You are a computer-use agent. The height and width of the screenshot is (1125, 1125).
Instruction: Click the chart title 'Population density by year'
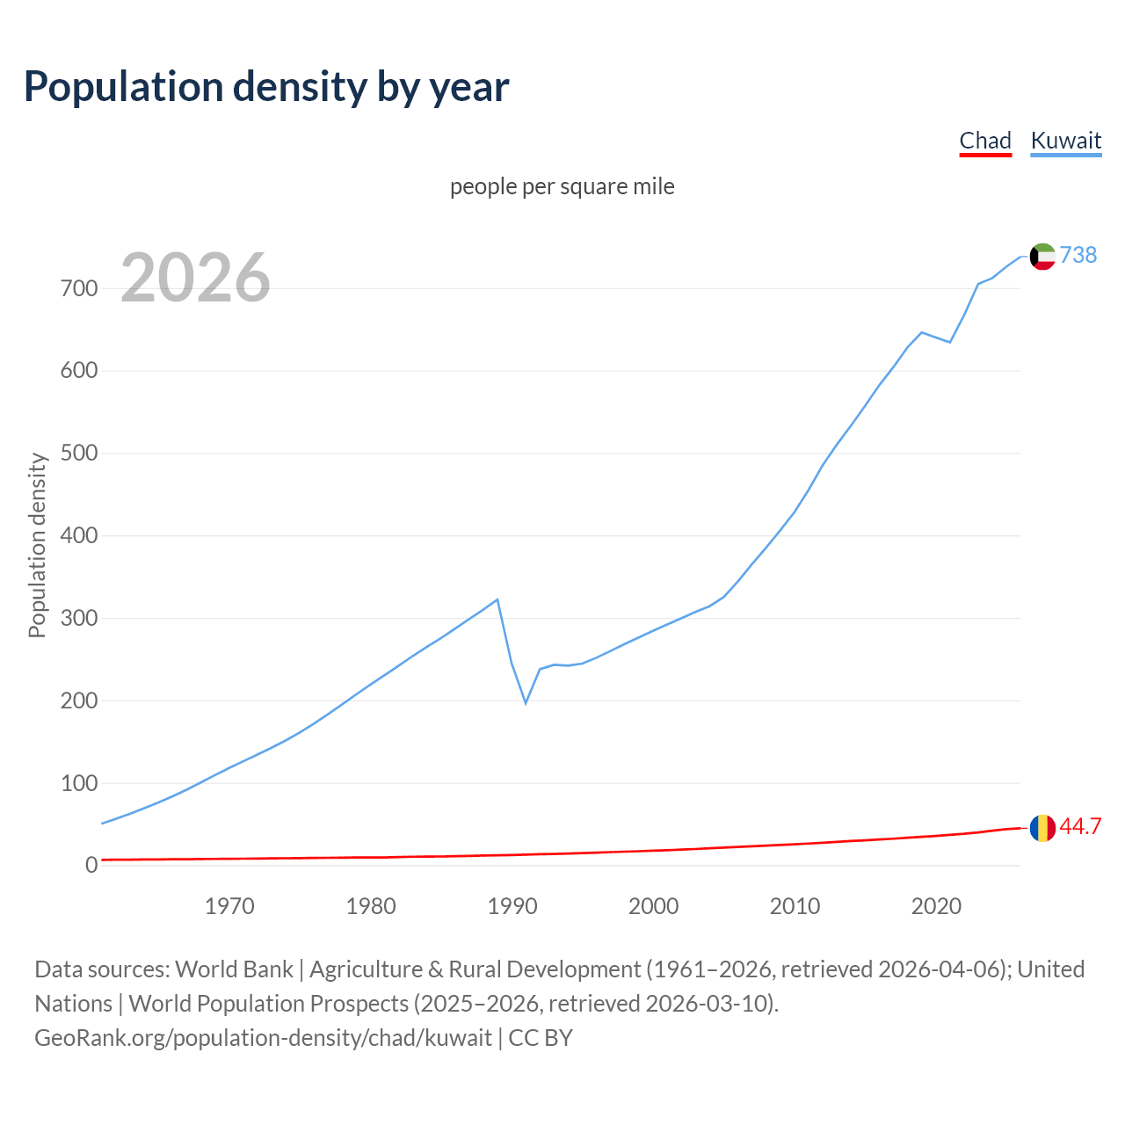(266, 87)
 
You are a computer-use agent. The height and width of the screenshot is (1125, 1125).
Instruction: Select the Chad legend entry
(985, 141)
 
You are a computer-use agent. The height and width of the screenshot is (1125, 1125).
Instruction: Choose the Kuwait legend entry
(1065, 141)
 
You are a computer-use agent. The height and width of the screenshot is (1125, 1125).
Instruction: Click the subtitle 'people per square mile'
(562, 187)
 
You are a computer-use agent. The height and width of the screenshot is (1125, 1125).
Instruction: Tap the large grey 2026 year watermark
(195, 278)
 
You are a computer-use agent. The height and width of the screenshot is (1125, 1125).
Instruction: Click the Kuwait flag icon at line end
(1042, 256)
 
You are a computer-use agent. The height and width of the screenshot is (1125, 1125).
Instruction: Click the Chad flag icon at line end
(1042, 828)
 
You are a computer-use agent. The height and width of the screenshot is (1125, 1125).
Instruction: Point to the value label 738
(1078, 255)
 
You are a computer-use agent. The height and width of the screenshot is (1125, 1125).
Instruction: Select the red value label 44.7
(1080, 827)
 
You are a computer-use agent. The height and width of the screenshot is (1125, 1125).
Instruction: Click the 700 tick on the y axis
(79, 288)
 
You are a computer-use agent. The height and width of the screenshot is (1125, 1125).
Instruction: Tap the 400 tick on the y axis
(79, 535)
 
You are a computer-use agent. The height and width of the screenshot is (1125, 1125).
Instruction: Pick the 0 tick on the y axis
(91, 865)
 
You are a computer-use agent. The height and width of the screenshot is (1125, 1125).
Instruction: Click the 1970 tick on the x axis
(229, 906)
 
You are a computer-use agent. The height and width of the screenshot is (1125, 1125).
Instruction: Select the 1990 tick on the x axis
(512, 906)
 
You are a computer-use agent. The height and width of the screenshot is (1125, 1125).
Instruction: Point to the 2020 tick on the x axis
(936, 906)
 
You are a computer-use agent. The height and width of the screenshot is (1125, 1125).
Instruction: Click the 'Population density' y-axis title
(37, 545)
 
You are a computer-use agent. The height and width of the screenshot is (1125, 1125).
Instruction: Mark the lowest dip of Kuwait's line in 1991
(526, 703)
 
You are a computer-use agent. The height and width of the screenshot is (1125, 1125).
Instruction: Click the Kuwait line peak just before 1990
(497, 599)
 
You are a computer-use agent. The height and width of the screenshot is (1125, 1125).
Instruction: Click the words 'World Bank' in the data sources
(234, 969)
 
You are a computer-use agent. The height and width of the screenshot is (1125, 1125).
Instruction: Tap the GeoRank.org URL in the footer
(263, 1038)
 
